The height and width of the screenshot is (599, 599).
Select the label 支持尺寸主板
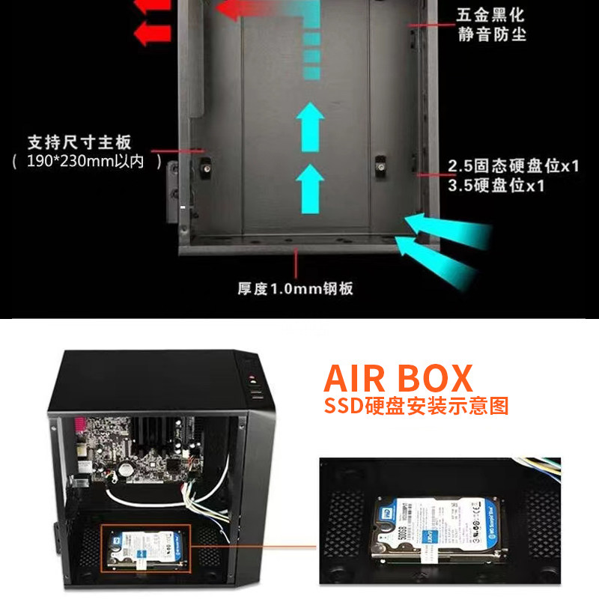coord(79,142)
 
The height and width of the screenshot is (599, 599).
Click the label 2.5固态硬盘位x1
coord(514,166)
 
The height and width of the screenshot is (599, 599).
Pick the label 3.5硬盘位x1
coord(496,186)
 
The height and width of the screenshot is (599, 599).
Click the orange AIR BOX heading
coord(398,378)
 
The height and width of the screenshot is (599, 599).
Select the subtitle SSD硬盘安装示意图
coord(416,407)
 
